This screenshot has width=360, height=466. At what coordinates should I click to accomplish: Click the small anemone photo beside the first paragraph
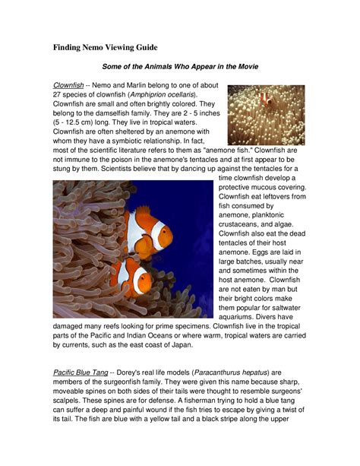coord(266,115)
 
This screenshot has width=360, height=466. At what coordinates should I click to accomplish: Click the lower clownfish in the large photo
coord(131,277)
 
